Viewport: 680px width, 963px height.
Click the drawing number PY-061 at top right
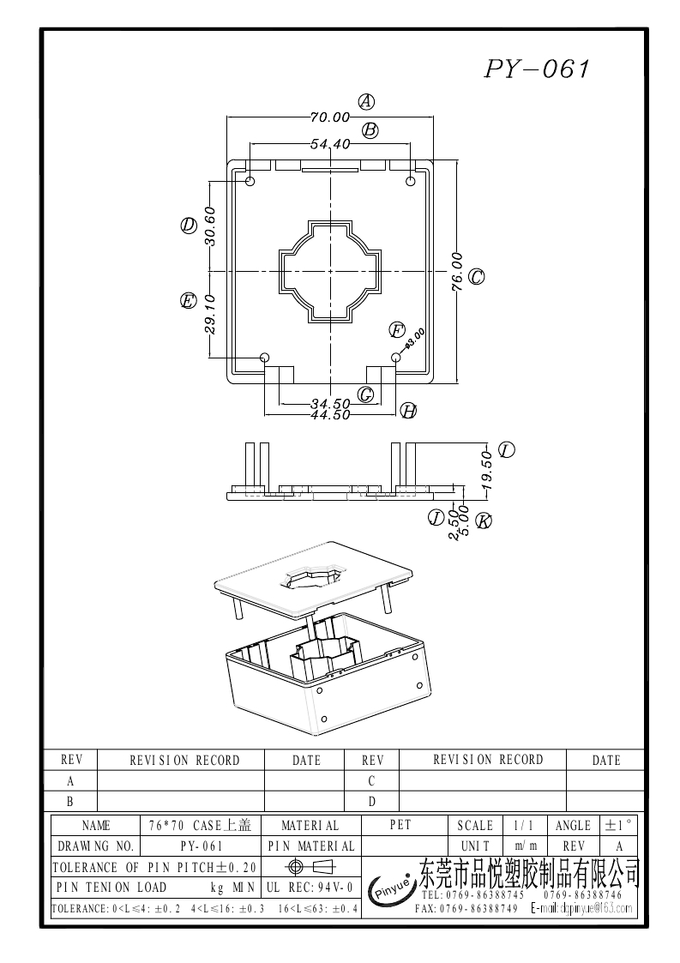[538, 69]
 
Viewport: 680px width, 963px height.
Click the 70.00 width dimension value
[330, 117]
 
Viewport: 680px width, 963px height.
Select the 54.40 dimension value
[330, 144]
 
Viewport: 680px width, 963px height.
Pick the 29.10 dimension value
[210, 313]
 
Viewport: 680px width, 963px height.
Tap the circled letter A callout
[366, 101]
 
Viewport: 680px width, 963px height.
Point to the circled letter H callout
[409, 412]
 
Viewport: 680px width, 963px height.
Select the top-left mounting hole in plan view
[251, 182]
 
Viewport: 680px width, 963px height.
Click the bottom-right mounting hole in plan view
[395, 357]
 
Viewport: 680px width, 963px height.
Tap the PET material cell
[400, 825]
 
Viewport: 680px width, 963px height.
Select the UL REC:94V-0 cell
[310, 888]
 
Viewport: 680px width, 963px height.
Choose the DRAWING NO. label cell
[96, 846]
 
